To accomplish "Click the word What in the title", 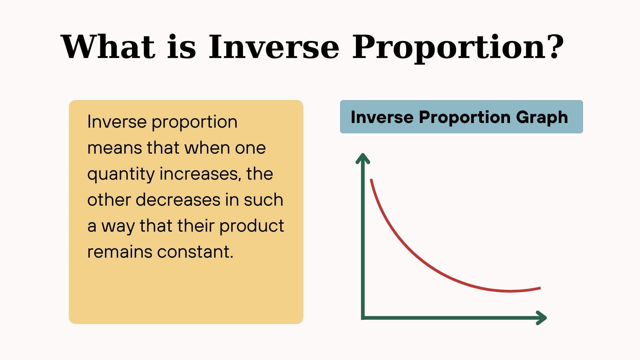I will [108, 47].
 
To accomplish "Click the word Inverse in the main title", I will [274, 47].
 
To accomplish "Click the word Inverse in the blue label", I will [382, 117].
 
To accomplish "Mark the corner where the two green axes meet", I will [363, 318].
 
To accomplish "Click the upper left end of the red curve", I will [371, 180].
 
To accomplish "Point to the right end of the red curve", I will [540, 288].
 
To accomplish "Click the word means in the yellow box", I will [115, 148].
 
